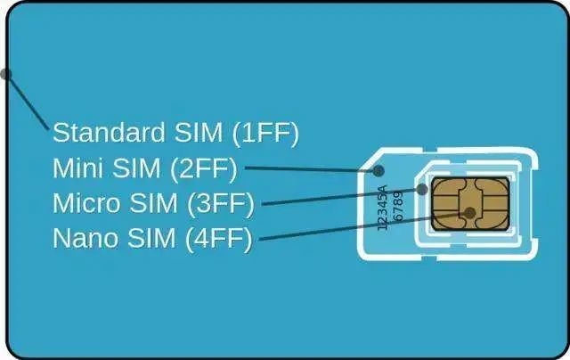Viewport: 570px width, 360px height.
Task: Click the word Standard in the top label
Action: tap(109, 132)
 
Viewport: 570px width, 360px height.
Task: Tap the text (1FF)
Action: tap(265, 133)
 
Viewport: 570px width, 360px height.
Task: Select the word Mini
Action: tap(77, 168)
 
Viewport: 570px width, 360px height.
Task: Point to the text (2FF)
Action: tap(204, 168)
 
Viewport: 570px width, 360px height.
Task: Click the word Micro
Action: tap(86, 203)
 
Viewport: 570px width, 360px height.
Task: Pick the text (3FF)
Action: tap(221, 204)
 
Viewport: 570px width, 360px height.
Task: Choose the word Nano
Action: tap(85, 238)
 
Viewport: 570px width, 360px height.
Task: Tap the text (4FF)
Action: tap(219, 239)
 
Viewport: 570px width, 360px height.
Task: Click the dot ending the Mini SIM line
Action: tap(379, 170)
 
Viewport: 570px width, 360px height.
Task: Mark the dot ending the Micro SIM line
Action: tap(422, 189)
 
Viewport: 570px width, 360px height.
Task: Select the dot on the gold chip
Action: tap(469, 213)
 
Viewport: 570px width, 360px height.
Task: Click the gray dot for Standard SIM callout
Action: tap(5, 74)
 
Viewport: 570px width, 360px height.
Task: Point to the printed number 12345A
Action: tap(383, 208)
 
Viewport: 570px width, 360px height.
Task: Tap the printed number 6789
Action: tap(399, 206)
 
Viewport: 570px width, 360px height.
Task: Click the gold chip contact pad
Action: tap(470, 204)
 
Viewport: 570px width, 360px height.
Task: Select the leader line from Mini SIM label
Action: tap(312, 169)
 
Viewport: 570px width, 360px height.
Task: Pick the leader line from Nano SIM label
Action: tap(364, 226)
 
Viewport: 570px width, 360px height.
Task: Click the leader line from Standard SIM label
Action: tap(27, 102)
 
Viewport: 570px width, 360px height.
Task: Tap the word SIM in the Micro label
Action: tap(153, 203)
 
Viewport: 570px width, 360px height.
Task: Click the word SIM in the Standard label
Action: tap(199, 132)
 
